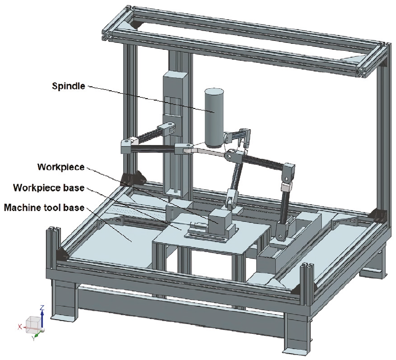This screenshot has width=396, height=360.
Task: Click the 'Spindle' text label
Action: [x=68, y=86]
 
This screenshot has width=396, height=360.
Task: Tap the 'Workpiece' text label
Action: [x=61, y=166]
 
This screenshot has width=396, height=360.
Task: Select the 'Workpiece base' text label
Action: [x=49, y=188]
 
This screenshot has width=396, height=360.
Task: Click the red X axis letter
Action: [x=20, y=326]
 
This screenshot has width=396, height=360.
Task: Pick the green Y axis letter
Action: [x=33, y=339]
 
